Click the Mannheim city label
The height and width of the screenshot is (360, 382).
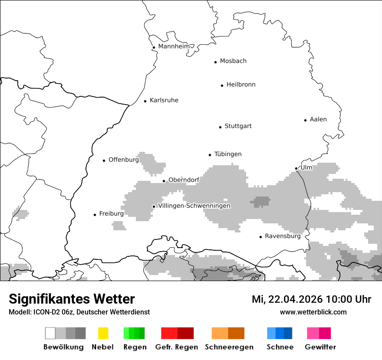click(174, 46)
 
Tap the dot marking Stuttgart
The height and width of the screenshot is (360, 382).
click(220, 127)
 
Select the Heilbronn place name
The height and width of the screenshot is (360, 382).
click(241, 85)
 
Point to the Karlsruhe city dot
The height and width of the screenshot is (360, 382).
click(145, 101)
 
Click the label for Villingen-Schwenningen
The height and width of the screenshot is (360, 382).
click(194, 206)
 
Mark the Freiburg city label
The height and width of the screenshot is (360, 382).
click(111, 214)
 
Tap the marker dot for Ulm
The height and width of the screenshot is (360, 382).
click(296, 168)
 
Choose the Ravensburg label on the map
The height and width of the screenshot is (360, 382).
click(283, 236)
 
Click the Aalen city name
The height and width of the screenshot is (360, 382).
click(318, 119)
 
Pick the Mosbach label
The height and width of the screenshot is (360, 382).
click(233, 61)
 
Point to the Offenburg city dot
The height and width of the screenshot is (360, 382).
click(104, 160)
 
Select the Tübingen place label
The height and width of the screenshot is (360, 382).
click(228, 154)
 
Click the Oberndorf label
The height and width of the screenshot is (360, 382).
click(184, 180)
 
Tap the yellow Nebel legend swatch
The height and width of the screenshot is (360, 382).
click(103, 333)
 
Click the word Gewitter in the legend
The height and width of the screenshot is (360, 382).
click(320, 347)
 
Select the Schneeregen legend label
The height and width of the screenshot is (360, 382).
click(229, 347)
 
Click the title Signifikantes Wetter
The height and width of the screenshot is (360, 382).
click(72, 299)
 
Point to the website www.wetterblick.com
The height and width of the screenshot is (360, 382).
click(313, 312)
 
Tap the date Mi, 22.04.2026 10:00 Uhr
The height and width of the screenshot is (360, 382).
click(311, 299)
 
